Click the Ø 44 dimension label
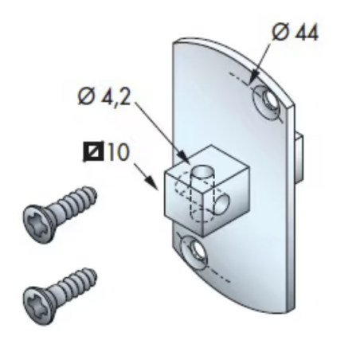pos(295,33)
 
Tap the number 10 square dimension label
pos(117,151)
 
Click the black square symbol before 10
pos(93,151)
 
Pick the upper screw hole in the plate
pos(265,101)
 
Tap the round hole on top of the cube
pos(204,170)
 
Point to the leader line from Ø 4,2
pos(159,131)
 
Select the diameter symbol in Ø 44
pos(280,33)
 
